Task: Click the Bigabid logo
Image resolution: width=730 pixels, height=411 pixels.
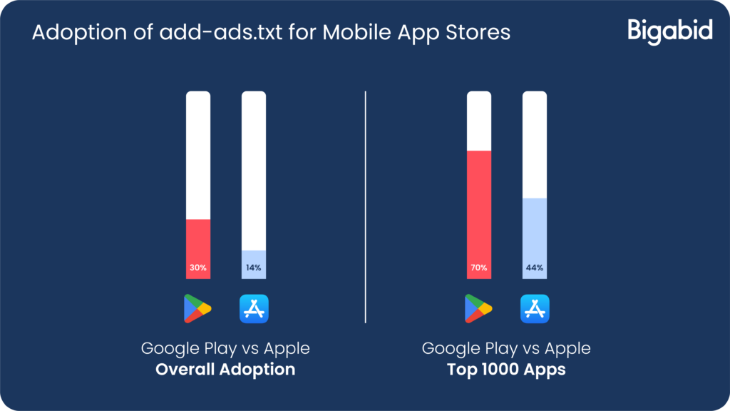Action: click(x=670, y=31)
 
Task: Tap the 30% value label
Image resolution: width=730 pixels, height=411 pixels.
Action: click(x=198, y=268)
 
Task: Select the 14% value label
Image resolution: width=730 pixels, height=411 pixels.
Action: click(x=254, y=268)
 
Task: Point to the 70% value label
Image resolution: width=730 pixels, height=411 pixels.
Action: click(x=478, y=268)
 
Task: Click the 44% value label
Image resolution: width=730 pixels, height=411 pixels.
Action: click(x=535, y=268)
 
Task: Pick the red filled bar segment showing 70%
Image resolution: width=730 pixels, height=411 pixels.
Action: click(x=478, y=215)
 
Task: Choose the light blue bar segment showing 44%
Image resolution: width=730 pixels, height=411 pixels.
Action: click(x=535, y=238)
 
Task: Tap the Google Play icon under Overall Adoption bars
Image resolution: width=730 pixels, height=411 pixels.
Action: click(x=197, y=308)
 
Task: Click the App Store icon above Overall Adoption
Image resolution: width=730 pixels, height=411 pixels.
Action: click(x=254, y=308)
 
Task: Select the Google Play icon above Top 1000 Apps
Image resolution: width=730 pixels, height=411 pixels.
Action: click(x=478, y=308)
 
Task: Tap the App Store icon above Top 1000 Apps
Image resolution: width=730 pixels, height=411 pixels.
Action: click(x=535, y=308)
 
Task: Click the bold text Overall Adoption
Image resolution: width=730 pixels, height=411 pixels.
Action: click(x=225, y=370)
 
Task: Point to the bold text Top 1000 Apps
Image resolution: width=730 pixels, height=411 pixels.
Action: click(x=506, y=370)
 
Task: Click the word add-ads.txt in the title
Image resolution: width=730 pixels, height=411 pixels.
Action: click(x=221, y=33)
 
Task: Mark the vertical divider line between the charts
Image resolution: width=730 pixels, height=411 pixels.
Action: click(x=366, y=207)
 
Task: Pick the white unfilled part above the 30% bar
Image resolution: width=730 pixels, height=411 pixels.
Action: click(x=198, y=155)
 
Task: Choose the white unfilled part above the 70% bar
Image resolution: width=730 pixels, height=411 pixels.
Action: click(x=478, y=121)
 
